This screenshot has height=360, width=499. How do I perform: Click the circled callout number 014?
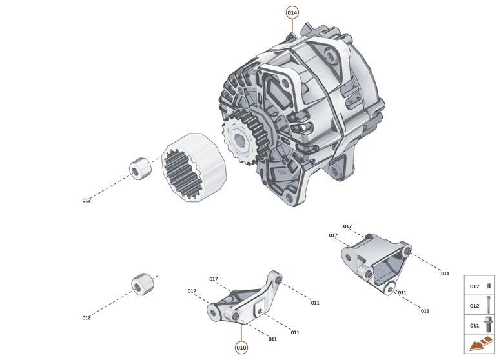click(x=292, y=12)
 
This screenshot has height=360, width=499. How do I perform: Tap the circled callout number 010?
click(x=241, y=348)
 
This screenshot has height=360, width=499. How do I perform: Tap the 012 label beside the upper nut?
click(x=87, y=201)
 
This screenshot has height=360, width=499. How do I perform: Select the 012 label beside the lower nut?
click(x=87, y=317)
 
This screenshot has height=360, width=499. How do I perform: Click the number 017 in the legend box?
click(x=474, y=286)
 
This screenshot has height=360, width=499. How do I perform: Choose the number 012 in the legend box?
click(x=474, y=306)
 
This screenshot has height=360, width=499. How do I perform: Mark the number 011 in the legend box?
click(x=474, y=325)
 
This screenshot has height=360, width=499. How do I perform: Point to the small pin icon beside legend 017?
click(x=489, y=286)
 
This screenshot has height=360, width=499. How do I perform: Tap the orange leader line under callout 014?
click(x=292, y=25)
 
